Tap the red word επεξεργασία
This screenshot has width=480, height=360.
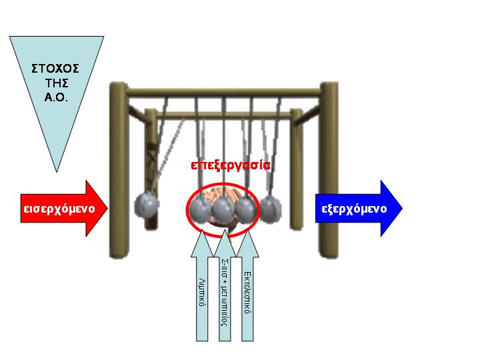click(230, 165)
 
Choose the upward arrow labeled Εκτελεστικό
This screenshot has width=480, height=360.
click(247, 293)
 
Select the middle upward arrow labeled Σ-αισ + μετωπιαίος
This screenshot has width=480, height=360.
click(225, 293)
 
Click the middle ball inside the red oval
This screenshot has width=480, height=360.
click(223, 209)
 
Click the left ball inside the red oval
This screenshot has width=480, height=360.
click(201, 209)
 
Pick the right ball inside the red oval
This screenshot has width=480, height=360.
click(245, 209)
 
